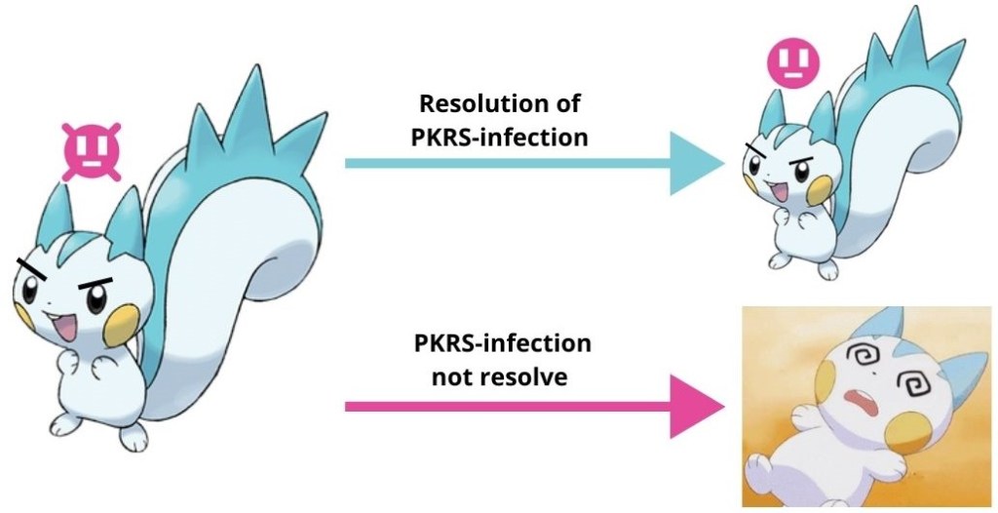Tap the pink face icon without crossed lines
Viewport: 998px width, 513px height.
tap(792, 62)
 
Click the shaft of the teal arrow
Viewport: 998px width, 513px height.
tap(507, 163)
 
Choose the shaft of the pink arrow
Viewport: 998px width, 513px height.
tap(507, 405)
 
